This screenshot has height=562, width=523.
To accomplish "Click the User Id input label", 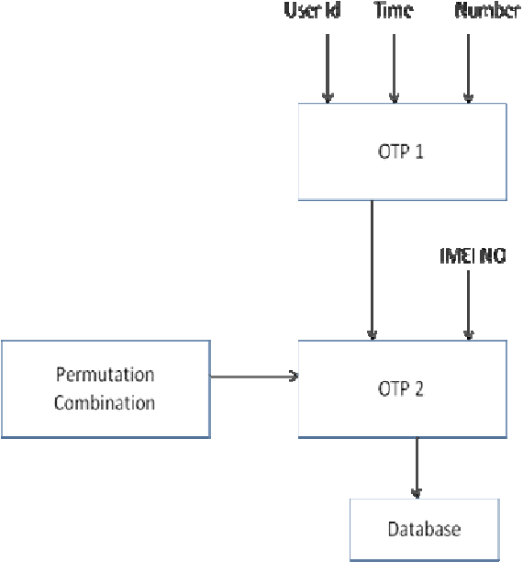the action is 312,10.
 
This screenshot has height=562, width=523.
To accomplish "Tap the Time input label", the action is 394,10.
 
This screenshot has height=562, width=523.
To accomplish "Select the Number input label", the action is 487,11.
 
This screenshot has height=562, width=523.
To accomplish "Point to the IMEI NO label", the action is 473,256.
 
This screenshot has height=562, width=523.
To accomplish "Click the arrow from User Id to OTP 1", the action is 328,69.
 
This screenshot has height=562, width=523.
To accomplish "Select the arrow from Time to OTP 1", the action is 394,69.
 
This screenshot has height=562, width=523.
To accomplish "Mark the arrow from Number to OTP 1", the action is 468,69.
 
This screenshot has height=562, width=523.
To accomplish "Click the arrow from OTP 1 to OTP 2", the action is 373,270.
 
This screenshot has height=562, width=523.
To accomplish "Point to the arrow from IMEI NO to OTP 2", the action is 468,305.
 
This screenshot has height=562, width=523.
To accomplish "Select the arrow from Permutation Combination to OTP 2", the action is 254,377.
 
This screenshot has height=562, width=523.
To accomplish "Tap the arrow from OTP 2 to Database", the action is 417,468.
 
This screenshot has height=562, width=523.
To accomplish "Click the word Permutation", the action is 106,375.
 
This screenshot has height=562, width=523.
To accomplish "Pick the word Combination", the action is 105,402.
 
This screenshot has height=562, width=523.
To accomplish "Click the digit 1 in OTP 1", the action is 418,152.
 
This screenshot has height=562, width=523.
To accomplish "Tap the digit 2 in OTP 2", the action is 418,388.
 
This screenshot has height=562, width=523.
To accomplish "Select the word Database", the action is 425,529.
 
